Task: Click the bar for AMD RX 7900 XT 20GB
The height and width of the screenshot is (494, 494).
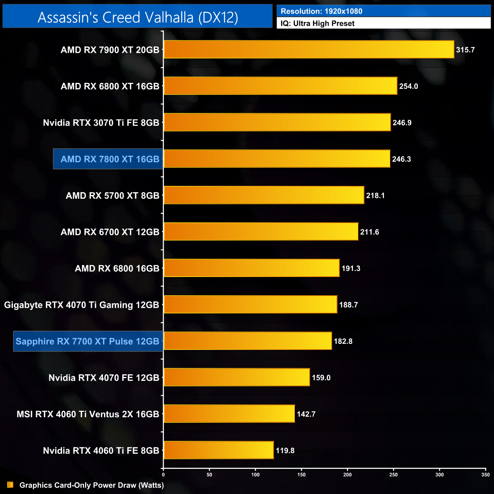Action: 309,49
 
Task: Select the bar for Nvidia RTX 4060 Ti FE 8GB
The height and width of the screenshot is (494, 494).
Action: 218,450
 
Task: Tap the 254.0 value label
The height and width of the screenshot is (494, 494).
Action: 408,86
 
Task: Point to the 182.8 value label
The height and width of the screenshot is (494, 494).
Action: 343,341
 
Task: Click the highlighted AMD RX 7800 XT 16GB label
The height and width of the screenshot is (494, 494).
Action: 109,159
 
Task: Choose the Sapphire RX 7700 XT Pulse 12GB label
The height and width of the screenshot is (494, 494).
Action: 87,341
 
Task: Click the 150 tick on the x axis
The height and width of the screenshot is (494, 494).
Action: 301,475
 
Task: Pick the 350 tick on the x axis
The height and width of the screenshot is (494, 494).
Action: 485,475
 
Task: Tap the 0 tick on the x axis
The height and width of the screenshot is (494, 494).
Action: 163,475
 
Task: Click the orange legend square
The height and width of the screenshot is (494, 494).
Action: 10,485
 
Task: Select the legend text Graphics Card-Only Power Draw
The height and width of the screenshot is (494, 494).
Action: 92,485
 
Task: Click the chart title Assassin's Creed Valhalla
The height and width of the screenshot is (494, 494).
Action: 138,17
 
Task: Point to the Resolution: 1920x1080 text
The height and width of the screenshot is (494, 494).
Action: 321,11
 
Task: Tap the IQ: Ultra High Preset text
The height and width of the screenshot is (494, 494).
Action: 318,24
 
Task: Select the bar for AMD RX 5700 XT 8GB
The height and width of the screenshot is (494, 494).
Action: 264,195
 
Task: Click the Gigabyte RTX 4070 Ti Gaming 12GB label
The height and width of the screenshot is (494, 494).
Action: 82,305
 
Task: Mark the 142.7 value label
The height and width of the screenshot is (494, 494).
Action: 306,414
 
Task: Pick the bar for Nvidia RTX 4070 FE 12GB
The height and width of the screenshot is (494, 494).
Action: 236,377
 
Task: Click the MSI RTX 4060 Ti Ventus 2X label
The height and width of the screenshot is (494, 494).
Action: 88,414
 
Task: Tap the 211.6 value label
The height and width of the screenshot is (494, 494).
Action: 370,232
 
